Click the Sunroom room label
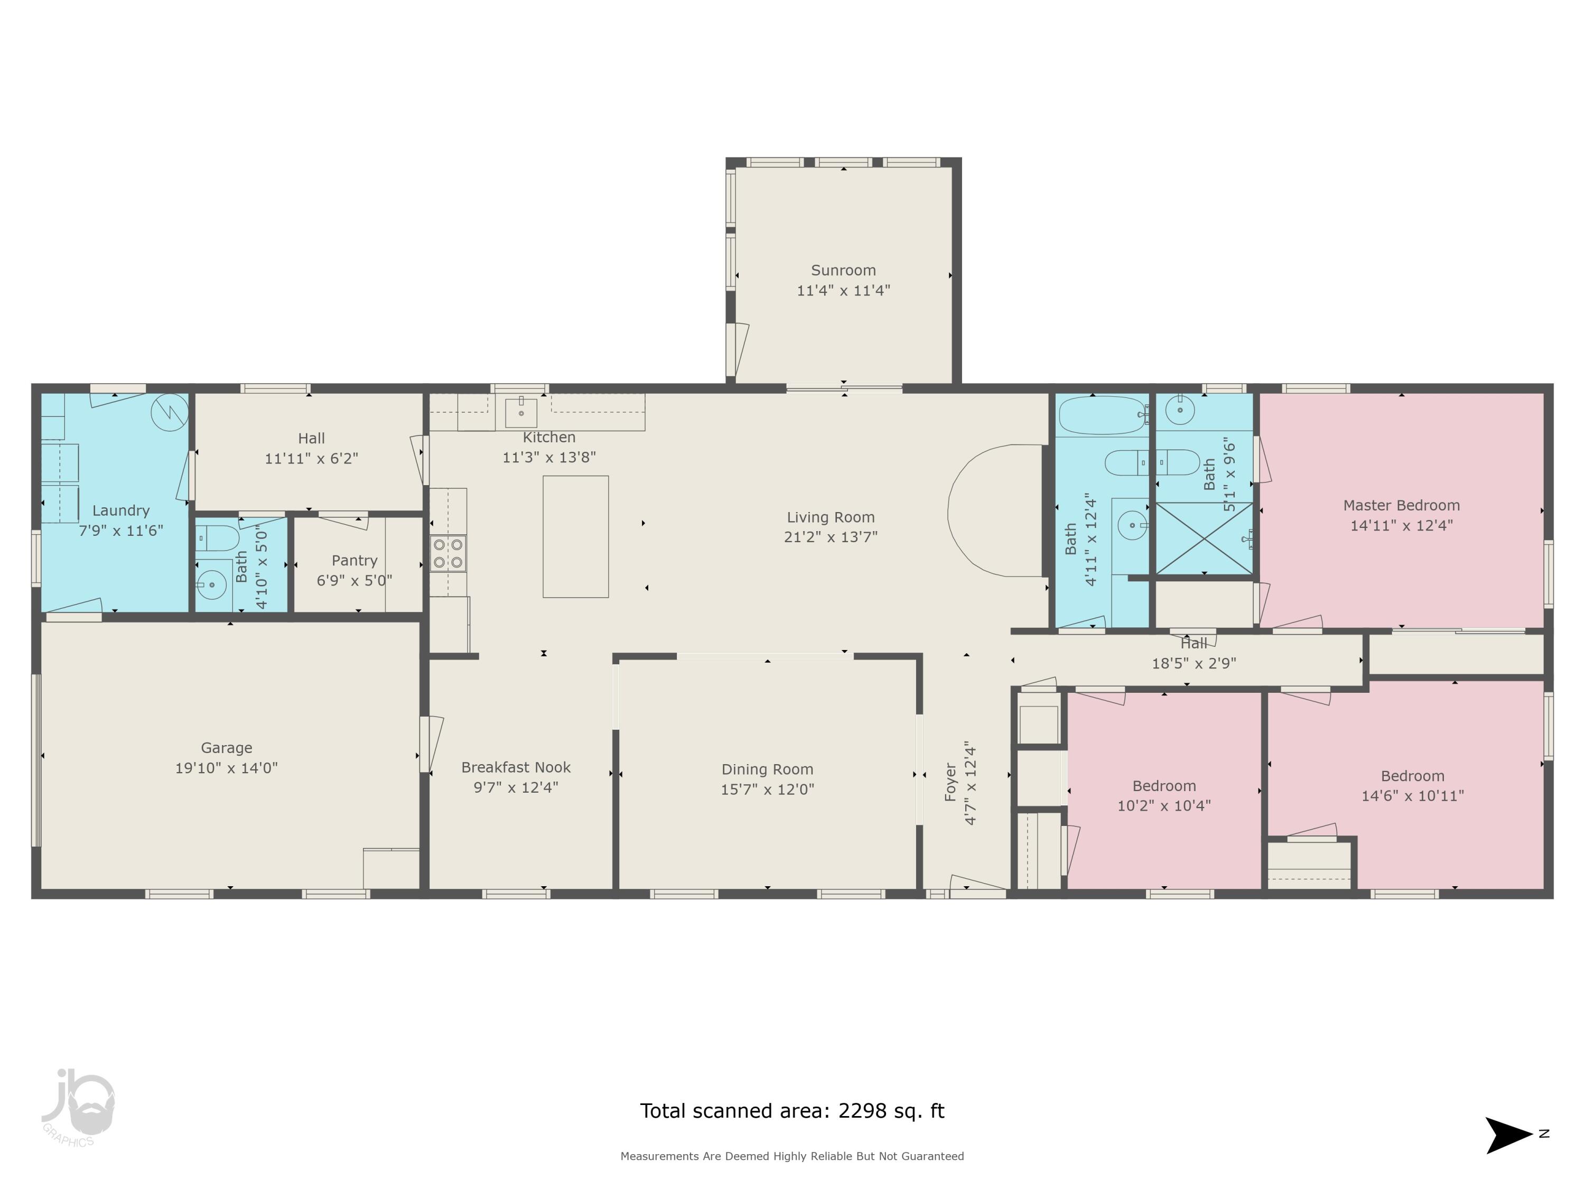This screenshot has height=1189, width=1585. click(x=843, y=270)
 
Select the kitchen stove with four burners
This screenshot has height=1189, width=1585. click(x=448, y=553)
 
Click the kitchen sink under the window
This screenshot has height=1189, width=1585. click(x=521, y=412)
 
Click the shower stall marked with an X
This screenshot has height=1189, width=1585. click(x=1204, y=537)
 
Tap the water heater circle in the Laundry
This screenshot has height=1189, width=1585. click(x=170, y=412)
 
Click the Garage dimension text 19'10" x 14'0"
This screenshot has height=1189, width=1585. click(x=227, y=768)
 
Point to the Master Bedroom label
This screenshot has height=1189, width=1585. click(x=1401, y=505)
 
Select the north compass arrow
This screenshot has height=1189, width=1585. click(x=1508, y=1135)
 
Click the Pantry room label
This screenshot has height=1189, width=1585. click(x=354, y=561)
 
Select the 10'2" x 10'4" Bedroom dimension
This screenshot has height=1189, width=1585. click(x=1164, y=805)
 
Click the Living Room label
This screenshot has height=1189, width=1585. click(x=831, y=517)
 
